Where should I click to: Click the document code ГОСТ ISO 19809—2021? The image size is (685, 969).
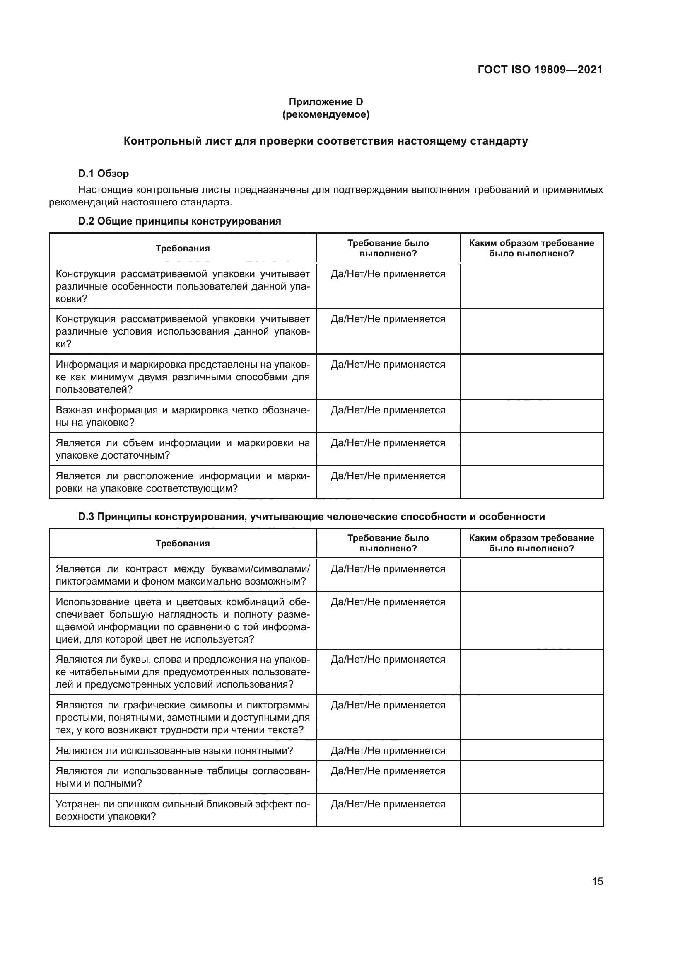click(x=540, y=70)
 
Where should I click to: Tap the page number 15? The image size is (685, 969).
click(x=597, y=881)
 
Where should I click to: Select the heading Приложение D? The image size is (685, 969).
click(x=326, y=102)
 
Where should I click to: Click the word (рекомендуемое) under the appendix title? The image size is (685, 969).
click(x=326, y=114)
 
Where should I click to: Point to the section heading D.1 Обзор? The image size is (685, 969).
click(x=104, y=174)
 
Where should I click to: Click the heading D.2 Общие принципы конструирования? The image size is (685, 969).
click(x=179, y=221)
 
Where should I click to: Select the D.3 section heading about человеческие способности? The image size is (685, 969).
click(x=311, y=517)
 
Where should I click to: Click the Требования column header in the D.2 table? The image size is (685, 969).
click(x=183, y=248)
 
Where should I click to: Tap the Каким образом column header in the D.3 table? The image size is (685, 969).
click(x=531, y=543)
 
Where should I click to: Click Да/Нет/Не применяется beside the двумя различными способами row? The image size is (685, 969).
click(x=388, y=365)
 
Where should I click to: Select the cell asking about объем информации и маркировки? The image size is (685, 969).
click(x=183, y=449)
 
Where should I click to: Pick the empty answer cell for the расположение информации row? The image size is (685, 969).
click(x=531, y=482)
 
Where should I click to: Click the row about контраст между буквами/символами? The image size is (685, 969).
click(x=183, y=575)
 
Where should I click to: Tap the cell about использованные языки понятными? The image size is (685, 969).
click(x=174, y=751)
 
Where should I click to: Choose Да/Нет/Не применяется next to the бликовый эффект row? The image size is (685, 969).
click(x=388, y=805)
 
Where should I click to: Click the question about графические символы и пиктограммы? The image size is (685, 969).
click(x=183, y=718)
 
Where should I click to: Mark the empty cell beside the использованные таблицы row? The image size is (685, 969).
click(x=531, y=777)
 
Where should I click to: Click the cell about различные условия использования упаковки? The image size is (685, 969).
click(x=183, y=331)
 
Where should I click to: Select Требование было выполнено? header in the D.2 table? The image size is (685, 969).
click(x=388, y=248)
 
